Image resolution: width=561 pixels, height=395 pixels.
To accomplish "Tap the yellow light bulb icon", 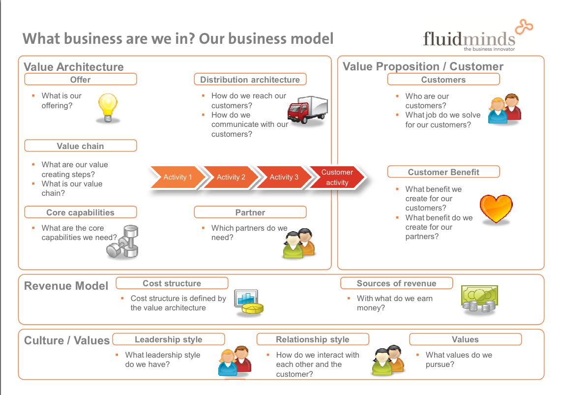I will point(108,107).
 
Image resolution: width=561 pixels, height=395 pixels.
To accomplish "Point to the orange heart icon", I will point(496,209).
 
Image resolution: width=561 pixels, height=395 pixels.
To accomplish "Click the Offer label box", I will point(81,80).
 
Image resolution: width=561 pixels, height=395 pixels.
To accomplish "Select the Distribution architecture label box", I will point(250,80).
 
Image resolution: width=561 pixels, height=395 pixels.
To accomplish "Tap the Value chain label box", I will point(81,146).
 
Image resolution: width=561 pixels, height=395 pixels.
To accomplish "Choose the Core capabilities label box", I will point(81,213).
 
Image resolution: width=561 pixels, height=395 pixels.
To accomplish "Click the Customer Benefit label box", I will point(443,172).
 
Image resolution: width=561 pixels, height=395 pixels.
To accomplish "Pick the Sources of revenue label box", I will point(396,283).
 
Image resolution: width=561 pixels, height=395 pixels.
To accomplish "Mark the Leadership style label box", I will point(169,339).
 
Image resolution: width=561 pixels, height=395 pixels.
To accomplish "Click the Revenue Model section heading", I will point(66,286).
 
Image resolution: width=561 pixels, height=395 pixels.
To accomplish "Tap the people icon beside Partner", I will point(298,243).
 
